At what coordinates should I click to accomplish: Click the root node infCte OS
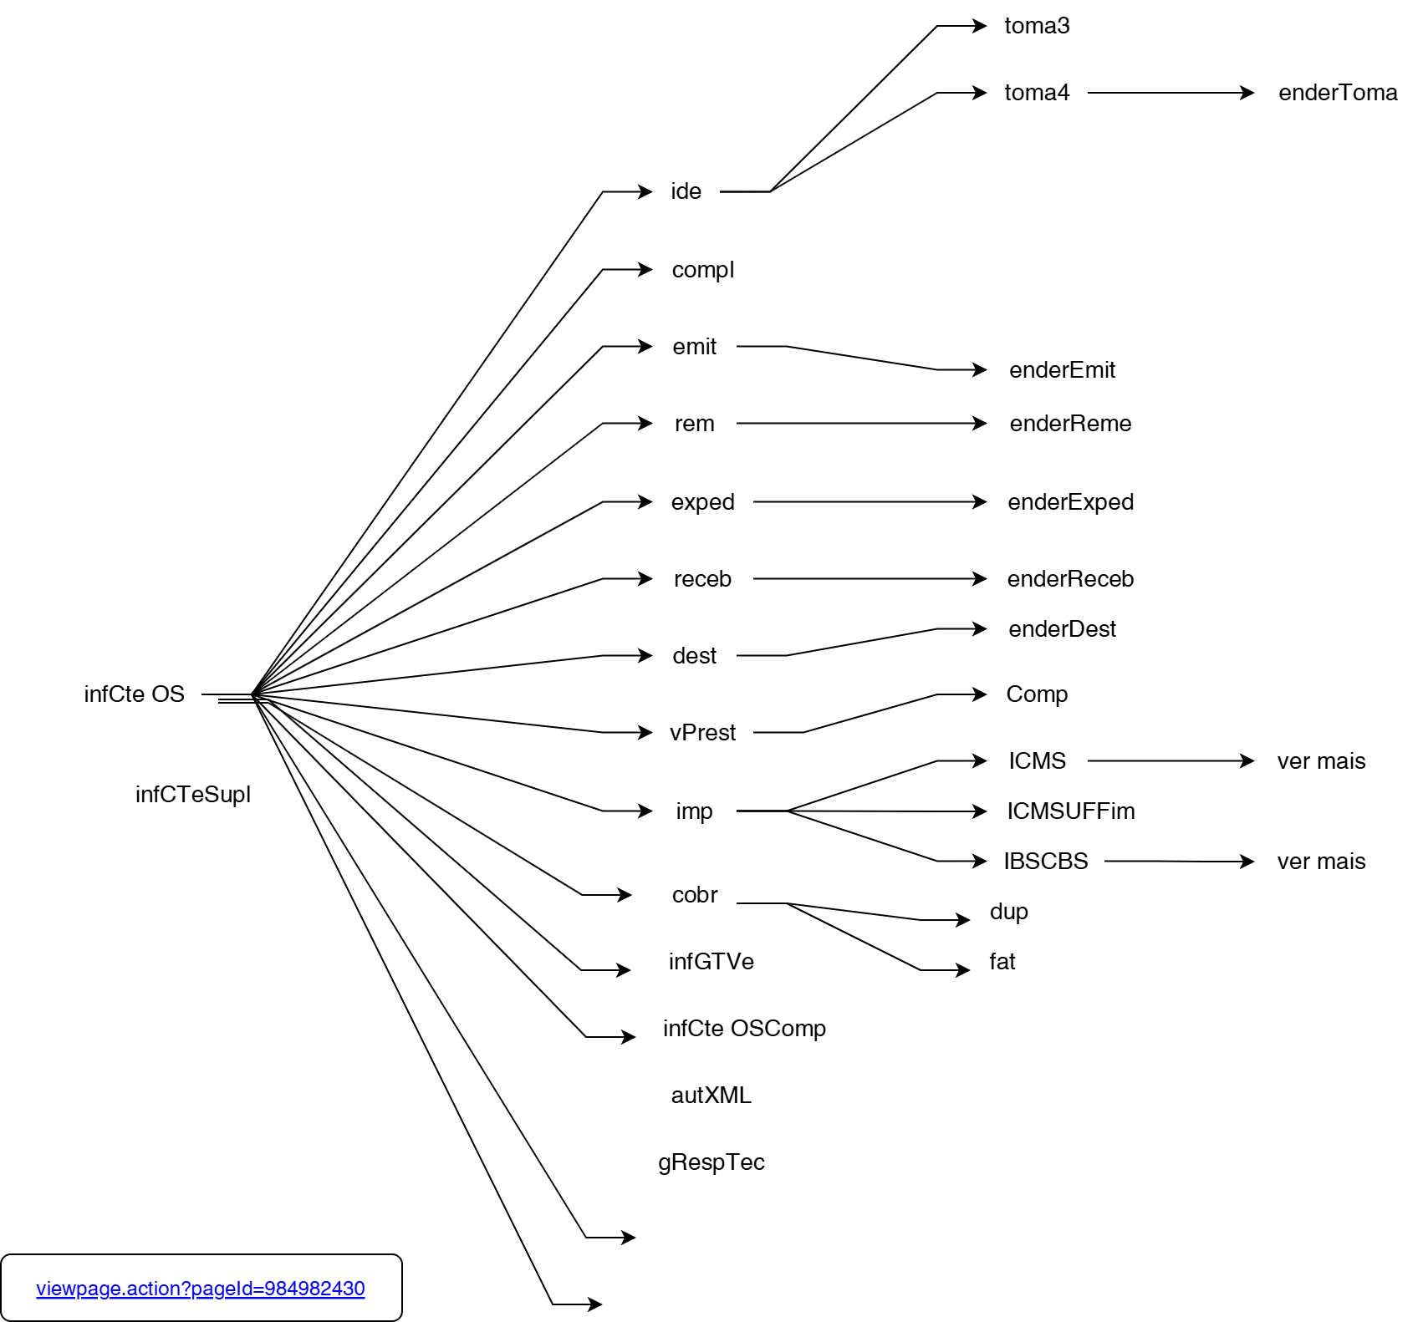tap(134, 694)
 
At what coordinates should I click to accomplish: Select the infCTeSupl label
tap(193, 795)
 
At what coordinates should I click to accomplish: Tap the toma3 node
tap(1037, 26)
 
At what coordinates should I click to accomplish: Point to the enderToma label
tap(1338, 93)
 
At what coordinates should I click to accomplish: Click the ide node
tap(686, 191)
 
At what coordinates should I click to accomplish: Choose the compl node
tap(702, 270)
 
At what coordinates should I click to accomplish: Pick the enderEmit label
tap(1062, 370)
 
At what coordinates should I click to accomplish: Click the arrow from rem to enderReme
tap(861, 424)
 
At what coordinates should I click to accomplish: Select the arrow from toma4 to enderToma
tap(1171, 93)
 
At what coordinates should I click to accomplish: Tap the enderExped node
tap(1070, 502)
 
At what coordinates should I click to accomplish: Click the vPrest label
tap(702, 733)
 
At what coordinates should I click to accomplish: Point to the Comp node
tap(1037, 694)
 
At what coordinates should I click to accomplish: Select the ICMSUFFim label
tap(1070, 811)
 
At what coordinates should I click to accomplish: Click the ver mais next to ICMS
tap(1321, 761)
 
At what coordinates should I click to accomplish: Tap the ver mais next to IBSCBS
tap(1321, 862)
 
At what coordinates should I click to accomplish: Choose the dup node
tap(1008, 912)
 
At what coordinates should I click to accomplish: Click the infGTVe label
tap(711, 962)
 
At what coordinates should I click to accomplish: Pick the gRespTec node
tap(711, 1162)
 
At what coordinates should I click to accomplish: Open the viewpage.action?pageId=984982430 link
tap(201, 1289)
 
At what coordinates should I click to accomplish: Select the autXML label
tap(711, 1096)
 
